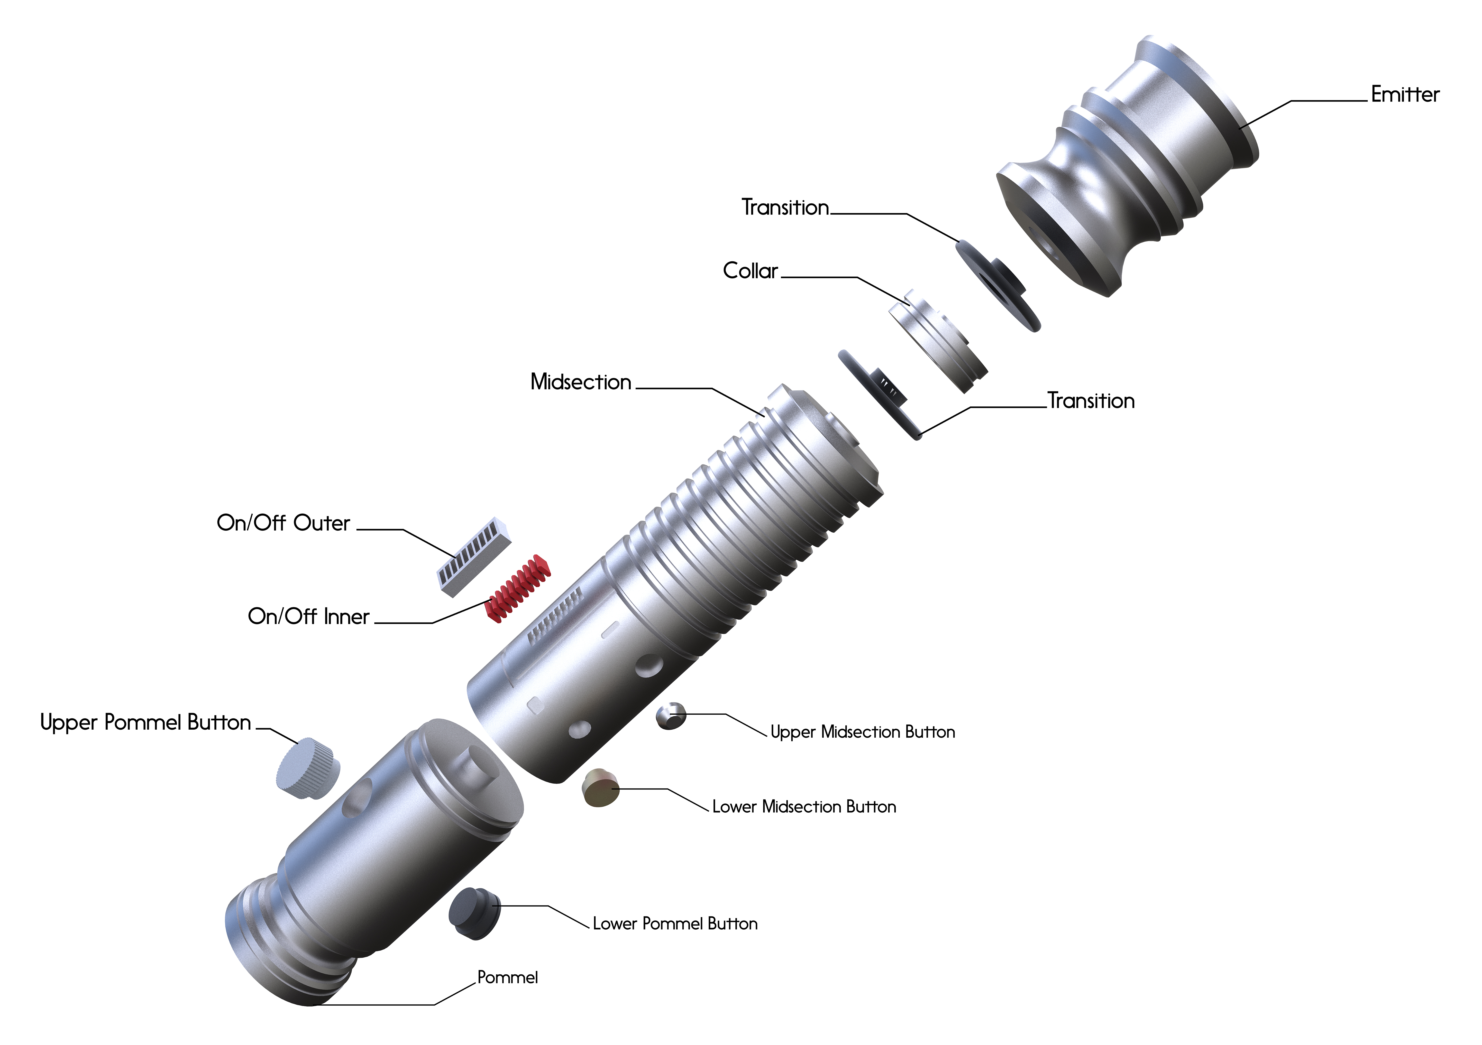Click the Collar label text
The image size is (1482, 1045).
750,271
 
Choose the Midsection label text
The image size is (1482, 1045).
580,382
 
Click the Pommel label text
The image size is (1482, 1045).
507,977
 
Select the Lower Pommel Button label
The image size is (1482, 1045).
675,923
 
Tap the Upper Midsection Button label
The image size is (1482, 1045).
862,732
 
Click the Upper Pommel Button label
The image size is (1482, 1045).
145,722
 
